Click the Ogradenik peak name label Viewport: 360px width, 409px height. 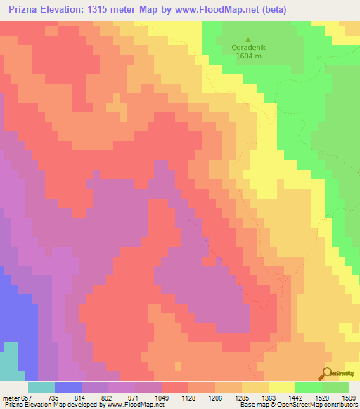[x=247, y=48]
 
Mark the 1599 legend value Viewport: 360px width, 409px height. [x=354, y=398]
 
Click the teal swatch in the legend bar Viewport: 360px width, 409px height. [x=41, y=388]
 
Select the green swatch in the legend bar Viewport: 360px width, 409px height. [x=335, y=388]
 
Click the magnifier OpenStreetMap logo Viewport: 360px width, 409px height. [x=327, y=373]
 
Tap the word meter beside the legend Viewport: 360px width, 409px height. [x=11, y=398]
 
